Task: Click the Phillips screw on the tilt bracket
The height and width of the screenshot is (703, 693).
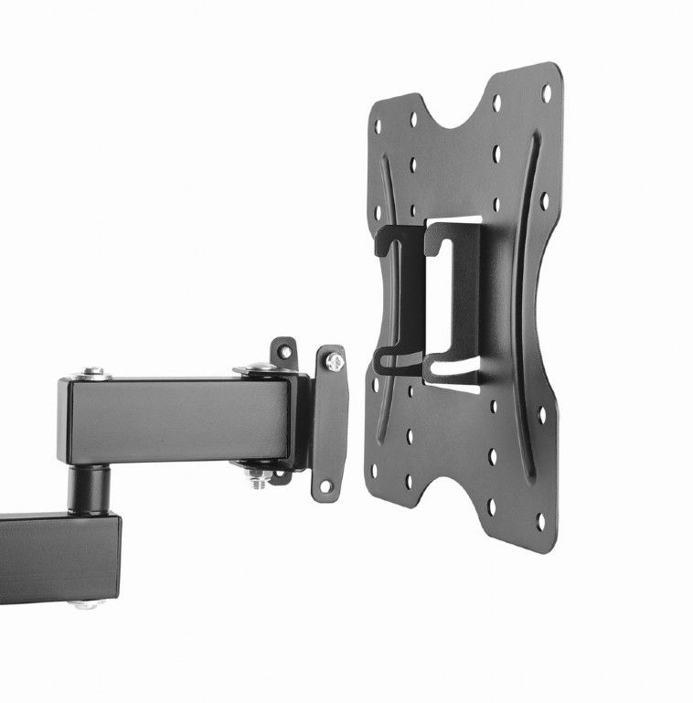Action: tap(335, 362)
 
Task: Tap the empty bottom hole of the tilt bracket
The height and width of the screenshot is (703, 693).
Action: tap(326, 486)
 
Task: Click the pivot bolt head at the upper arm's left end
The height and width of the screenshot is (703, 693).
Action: tap(92, 373)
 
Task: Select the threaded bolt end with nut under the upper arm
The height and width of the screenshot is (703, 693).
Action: tap(259, 477)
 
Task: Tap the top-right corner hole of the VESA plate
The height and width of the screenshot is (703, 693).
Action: tap(547, 92)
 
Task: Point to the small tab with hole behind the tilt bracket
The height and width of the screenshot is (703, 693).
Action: tap(285, 351)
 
